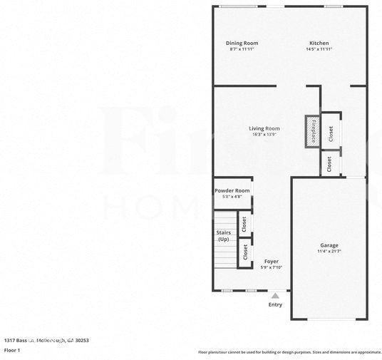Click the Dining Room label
(242, 43)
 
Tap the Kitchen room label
(319, 43)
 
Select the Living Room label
(264, 128)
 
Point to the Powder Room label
(232, 190)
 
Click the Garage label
(329, 245)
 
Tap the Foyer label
(272, 262)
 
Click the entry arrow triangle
(275, 294)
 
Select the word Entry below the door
(275, 304)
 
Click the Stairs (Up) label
(224, 236)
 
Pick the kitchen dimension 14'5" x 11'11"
(319, 50)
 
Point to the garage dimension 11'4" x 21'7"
(329, 252)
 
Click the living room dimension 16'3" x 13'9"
(264, 135)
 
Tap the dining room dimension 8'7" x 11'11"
(242, 50)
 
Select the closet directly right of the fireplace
(331, 132)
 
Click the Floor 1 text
(12, 351)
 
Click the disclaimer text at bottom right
(289, 352)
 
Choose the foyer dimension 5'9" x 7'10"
(272, 268)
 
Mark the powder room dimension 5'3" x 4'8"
(232, 197)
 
